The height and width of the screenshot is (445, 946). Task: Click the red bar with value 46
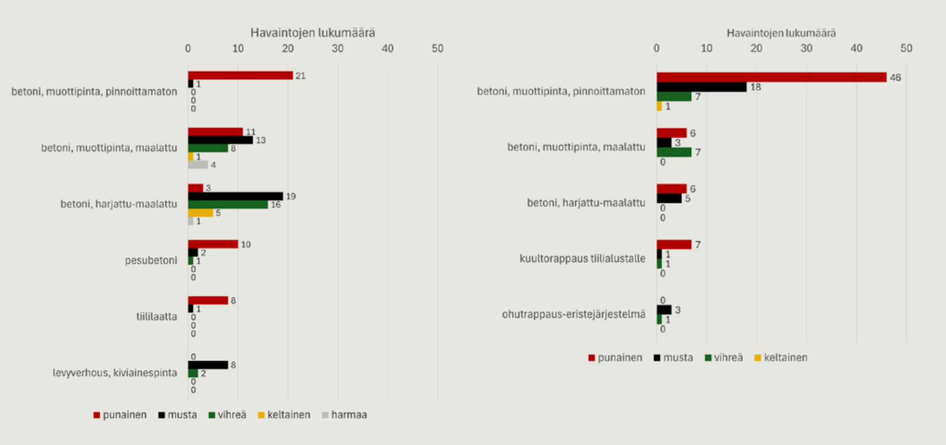coord(771,77)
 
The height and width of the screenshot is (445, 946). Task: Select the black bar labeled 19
coord(236,196)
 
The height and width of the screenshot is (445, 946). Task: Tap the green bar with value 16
coord(228,205)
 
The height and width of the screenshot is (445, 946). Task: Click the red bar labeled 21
coord(240,75)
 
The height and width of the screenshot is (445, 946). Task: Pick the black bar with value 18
coord(702,87)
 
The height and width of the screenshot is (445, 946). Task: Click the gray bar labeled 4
coord(198,165)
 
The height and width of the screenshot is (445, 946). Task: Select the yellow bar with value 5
coord(201,213)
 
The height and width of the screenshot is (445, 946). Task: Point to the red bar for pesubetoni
coord(213,244)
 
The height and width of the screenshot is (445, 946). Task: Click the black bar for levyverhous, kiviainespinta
coord(208,365)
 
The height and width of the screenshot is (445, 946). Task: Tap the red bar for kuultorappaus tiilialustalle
coord(674,244)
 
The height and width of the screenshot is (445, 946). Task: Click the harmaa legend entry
coord(344,415)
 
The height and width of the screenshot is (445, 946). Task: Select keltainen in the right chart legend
coord(781,358)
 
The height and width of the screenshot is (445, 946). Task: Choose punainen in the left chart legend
coord(120,415)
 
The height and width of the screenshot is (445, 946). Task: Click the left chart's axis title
coord(313,33)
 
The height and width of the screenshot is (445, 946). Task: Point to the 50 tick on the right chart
coord(907,48)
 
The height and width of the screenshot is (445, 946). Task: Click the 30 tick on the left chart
coord(338,48)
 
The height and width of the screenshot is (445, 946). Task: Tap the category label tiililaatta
coord(157,316)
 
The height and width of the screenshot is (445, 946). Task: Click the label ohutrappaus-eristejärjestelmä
coord(574,314)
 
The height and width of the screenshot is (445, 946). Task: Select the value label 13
coord(261,140)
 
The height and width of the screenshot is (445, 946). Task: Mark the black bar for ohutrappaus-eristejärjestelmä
coord(664,310)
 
